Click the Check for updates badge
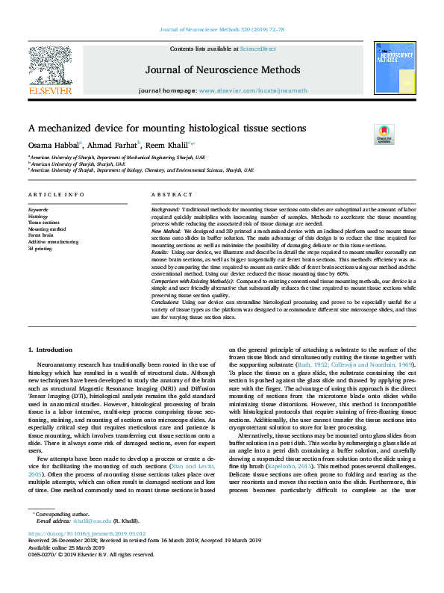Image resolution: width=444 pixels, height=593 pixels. click(x=384, y=134)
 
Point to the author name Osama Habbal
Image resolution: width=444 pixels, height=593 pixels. click(x=49, y=145)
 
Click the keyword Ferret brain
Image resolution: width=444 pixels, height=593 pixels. click(x=41, y=235)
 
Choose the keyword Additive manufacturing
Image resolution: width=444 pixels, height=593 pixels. click(x=50, y=241)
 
